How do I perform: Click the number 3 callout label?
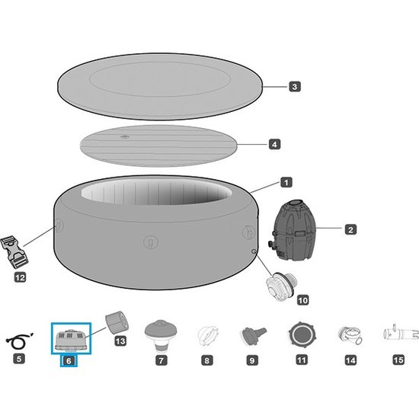point(295,87)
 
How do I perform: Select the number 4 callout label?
point(274,144)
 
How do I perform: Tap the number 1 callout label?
point(286,183)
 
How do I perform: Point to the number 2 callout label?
point(350,229)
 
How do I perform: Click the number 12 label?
point(20,277)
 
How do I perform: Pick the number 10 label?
point(302,300)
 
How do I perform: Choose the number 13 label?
point(120,341)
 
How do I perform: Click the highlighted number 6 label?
point(69,361)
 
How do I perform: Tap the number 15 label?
point(398,360)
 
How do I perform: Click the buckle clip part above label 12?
point(14,251)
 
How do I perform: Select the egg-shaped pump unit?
point(292,230)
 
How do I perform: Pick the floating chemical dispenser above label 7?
point(161,335)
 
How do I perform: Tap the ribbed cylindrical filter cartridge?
point(117,321)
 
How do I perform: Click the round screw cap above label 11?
point(302,334)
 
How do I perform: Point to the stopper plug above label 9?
point(254,335)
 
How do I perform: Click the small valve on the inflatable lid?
point(124,137)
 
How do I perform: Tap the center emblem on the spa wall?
point(151,241)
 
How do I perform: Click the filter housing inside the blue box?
point(71,341)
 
